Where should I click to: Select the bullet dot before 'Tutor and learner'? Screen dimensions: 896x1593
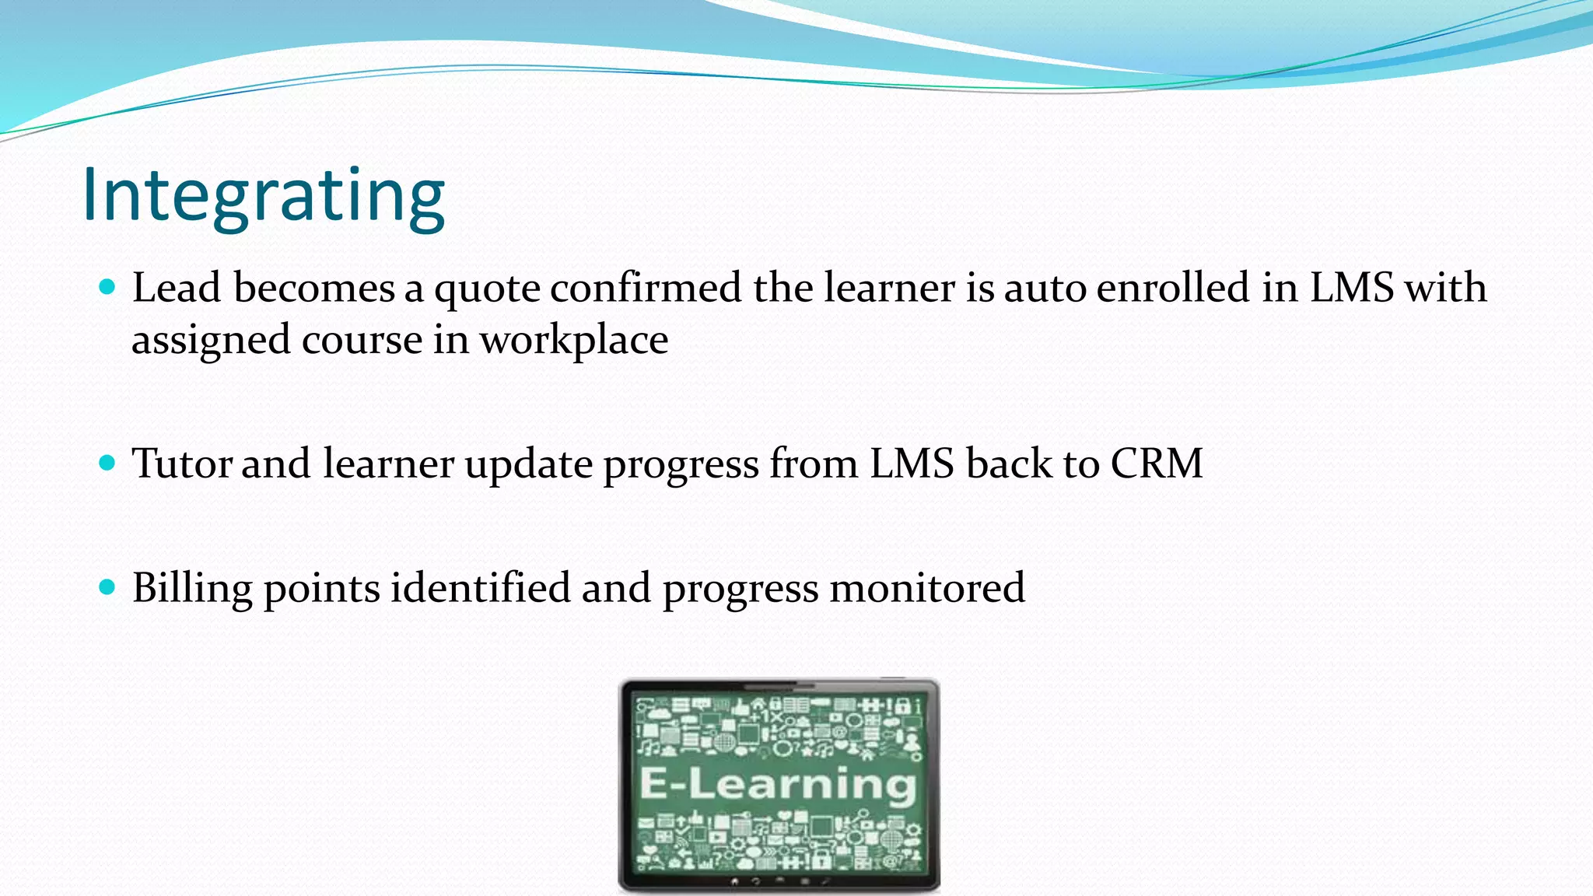108,464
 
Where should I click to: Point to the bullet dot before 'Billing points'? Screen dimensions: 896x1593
108,587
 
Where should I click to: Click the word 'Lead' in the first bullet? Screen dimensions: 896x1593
177,288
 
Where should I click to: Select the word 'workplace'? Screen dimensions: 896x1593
573,341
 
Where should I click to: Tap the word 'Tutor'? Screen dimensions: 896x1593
182,464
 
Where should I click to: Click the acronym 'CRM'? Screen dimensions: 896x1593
1157,464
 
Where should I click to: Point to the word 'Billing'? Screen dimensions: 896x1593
192,589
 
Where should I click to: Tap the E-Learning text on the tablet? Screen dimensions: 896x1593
779,783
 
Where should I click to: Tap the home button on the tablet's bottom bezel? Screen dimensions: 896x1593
734,882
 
